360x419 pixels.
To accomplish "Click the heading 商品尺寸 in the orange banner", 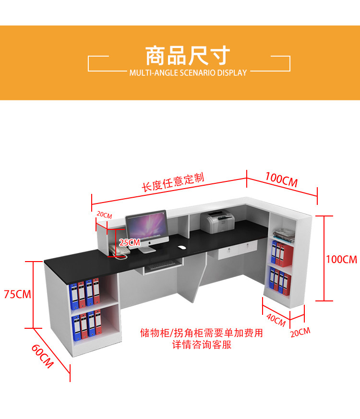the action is point(188,56).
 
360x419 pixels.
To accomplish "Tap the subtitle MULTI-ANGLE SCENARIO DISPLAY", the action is point(188,72).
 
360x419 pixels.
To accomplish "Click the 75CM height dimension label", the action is point(18,294).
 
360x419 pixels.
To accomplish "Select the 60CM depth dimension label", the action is point(43,356).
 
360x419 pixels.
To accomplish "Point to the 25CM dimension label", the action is point(130,242).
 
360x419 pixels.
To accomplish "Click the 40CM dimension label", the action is point(276,320).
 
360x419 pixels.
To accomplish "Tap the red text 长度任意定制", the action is point(173,182).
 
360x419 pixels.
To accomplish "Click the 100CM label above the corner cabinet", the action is point(281,180).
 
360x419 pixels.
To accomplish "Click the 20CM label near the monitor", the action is point(104,215).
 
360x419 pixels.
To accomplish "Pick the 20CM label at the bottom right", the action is point(300,332).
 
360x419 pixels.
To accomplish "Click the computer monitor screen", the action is point(147,227).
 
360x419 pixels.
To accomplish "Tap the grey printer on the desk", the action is point(217,222).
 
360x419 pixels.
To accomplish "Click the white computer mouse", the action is point(182,248).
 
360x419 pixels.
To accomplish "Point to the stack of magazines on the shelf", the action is point(284,235).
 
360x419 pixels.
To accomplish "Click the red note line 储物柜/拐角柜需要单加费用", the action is point(202,333).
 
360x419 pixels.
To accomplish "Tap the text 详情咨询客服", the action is point(202,345).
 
